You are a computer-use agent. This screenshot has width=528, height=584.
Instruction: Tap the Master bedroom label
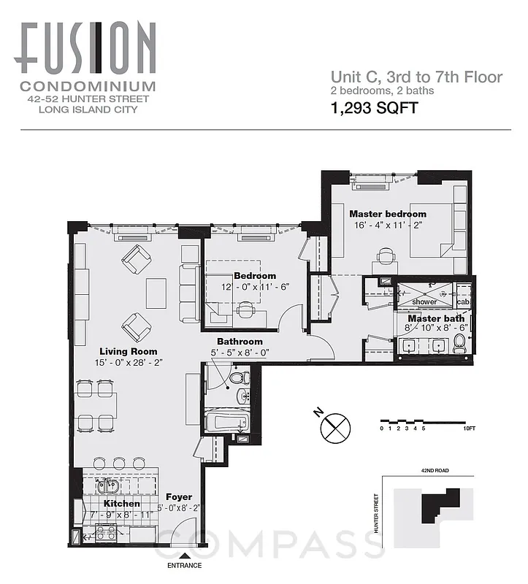click(387, 214)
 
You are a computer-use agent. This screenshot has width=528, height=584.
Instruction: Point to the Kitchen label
click(121, 504)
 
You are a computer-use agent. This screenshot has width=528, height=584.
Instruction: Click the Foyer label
click(178, 497)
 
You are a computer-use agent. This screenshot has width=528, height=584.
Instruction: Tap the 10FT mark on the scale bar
click(469, 429)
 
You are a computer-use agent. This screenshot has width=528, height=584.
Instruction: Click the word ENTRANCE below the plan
click(184, 566)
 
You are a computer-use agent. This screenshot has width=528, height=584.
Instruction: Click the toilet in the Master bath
click(459, 343)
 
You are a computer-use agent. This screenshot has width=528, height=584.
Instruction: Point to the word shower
click(424, 301)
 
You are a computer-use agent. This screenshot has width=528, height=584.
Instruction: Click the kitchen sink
click(112, 486)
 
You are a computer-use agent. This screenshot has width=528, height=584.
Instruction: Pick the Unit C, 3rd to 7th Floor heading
click(416, 77)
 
